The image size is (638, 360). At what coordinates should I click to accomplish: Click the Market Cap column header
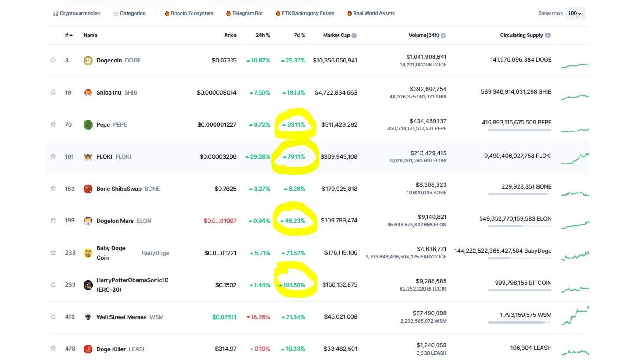tap(336, 35)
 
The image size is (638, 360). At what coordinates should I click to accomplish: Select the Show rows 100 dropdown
tap(575, 13)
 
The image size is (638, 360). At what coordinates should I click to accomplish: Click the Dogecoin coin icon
tap(88, 61)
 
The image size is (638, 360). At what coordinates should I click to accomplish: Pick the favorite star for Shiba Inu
tap(53, 92)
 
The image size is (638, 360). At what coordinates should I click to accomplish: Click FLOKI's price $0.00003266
tap(218, 156)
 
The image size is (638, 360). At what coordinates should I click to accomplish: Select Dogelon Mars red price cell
tap(220, 221)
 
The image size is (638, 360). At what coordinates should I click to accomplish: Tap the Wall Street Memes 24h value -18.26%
tap(259, 317)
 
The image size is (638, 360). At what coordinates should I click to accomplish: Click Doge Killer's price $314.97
tap(226, 349)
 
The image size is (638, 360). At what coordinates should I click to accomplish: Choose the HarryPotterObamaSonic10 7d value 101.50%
tap(294, 285)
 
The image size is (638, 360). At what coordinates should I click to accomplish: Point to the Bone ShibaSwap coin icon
tap(88, 189)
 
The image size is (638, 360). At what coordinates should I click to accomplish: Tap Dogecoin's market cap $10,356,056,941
tap(335, 60)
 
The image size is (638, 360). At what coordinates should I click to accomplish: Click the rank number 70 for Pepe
tap(68, 124)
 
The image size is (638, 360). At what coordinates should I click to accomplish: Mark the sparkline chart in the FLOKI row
tap(575, 159)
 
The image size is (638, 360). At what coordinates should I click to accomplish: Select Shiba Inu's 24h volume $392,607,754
tap(428, 89)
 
